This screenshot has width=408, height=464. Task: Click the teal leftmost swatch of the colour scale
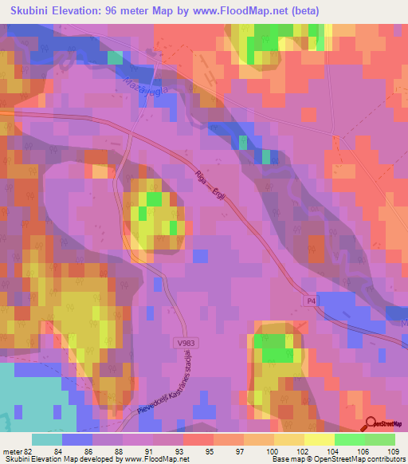coord(47,439)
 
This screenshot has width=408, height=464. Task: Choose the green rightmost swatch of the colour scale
coord(379,439)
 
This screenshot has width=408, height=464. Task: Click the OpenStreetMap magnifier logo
coord(371,425)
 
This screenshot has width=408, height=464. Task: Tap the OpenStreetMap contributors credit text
coord(366,459)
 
